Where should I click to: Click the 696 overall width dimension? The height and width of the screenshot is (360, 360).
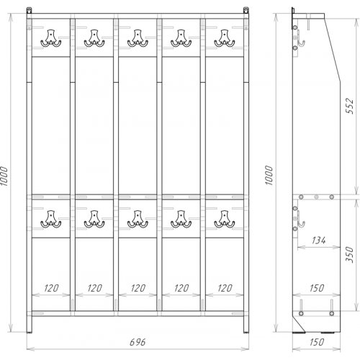pos(138,342)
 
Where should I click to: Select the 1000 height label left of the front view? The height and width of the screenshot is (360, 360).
pos(4,176)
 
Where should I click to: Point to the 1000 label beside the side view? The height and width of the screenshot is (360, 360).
pos(269,175)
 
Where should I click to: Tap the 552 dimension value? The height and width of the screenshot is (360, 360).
pos(350,106)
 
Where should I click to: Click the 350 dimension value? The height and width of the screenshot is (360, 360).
pos(350,254)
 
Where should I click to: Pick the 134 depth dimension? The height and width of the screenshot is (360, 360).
pos(319,240)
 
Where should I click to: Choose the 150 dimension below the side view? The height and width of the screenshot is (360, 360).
pos(317,342)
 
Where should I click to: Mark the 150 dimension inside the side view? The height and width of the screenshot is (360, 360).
pos(317,288)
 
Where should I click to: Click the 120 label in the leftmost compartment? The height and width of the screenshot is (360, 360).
pos(51,288)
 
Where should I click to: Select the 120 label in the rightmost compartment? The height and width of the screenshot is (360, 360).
pos(225,288)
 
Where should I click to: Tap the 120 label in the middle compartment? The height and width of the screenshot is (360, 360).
pos(138,288)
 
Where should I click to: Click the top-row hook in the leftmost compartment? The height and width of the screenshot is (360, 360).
pos(51,38)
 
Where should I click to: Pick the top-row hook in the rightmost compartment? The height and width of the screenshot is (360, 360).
pos(225,38)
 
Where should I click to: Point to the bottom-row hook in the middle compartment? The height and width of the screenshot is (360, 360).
pos(138,219)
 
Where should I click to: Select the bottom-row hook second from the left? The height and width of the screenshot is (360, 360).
pos(94,219)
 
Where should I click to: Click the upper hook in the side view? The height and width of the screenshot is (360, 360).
pos(300,41)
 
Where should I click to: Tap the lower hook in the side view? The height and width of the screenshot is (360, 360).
pos(300,221)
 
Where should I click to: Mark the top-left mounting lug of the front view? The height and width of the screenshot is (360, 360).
pos(29,11)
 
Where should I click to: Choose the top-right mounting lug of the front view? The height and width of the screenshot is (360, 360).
pos(246,11)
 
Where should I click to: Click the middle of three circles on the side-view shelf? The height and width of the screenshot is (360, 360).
pos(316,197)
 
